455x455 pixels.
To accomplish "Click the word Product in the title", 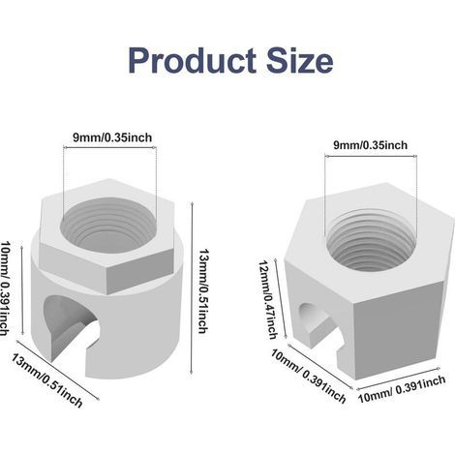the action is (x=192, y=60).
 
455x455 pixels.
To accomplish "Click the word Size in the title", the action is (x=300, y=60).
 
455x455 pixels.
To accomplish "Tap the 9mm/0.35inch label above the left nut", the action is (x=112, y=137).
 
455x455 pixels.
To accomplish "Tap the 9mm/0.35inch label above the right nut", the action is (x=371, y=145).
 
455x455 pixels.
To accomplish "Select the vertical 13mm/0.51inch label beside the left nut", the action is (x=202, y=290).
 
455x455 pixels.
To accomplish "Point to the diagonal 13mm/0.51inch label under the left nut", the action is (x=47, y=380).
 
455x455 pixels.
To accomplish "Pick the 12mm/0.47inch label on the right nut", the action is (x=268, y=300).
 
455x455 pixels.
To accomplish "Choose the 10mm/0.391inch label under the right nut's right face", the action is (x=402, y=389).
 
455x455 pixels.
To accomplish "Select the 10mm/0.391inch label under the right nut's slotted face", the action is (x=309, y=376).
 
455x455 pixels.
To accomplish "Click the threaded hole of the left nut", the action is (x=108, y=225).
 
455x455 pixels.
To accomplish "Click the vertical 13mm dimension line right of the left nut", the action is (x=192, y=288).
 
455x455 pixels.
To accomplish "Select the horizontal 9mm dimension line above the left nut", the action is (x=109, y=148).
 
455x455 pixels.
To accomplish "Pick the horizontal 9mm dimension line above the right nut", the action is (x=371, y=156).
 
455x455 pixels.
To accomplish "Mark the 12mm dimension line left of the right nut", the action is (x=280, y=298).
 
